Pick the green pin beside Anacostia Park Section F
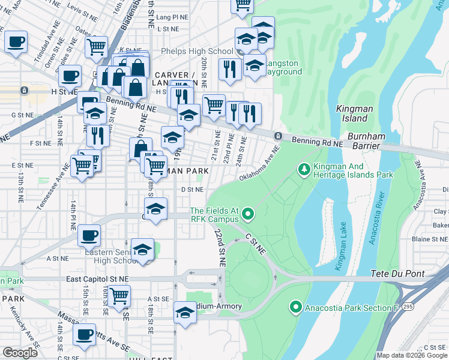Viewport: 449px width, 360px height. click(295, 307)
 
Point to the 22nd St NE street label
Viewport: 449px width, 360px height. click(221, 247)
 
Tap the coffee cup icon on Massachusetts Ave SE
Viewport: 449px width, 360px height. click(85, 334)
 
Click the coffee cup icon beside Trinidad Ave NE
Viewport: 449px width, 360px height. click(16, 43)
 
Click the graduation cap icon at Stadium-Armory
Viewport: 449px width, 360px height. click(185, 313)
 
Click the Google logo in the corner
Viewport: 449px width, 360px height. click(20, 353)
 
